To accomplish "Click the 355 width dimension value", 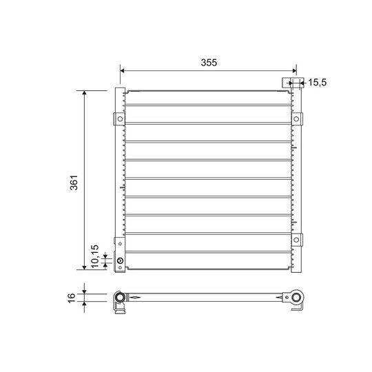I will [x=209, y=62].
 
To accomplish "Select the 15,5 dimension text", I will [x=317, y=83].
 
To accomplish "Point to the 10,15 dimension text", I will [x=94, y=256].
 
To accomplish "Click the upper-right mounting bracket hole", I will [x=297, y=119].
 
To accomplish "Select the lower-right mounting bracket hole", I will [x=297, y=240].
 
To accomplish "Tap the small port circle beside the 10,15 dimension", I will [x=121, y=261].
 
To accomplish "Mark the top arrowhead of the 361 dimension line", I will [x=85, y=92].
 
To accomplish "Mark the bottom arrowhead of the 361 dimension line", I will [x=85, y=268].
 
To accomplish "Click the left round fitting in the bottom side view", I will [x=121, y=298].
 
